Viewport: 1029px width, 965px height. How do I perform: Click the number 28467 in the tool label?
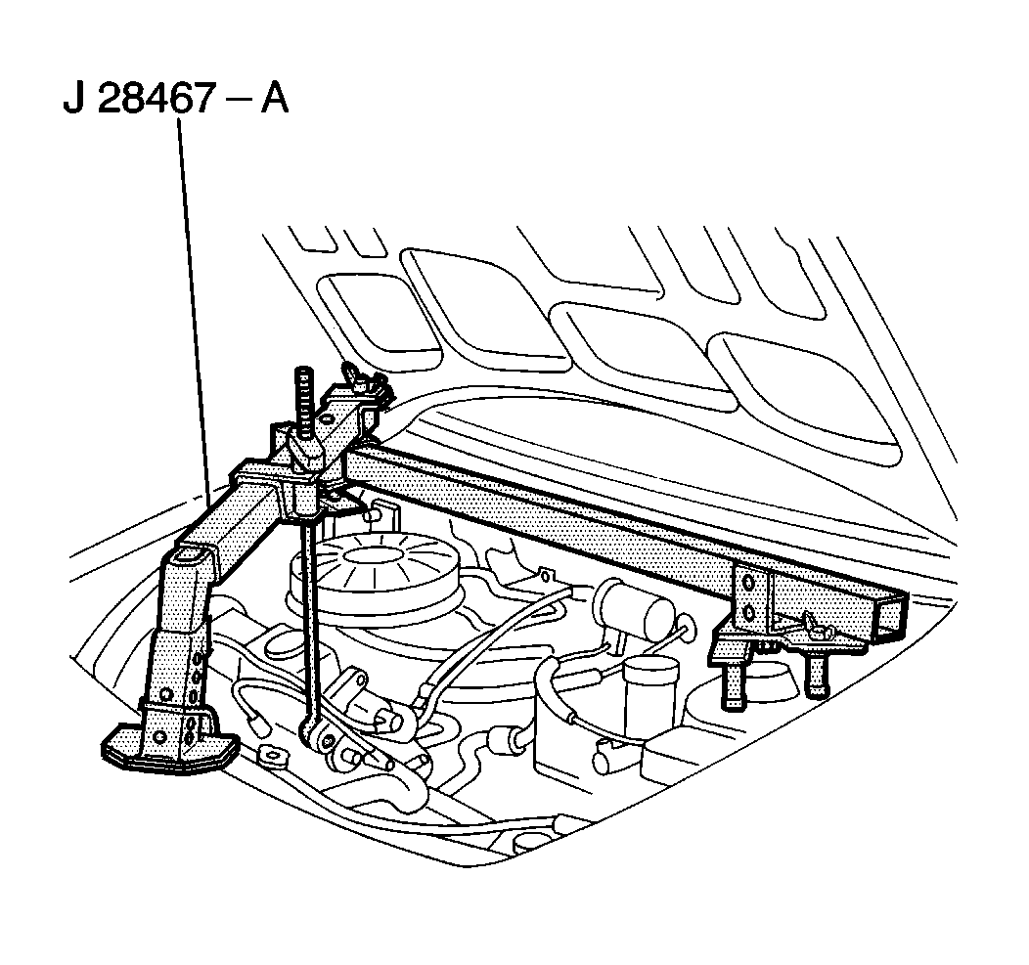coord(154,100)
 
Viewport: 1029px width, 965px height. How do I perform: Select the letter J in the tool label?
coord(73,100)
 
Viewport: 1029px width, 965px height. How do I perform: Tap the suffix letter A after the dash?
coord(273,100)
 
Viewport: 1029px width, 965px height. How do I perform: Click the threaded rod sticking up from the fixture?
coord(303,396)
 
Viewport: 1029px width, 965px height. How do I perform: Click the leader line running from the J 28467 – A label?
coord(194,293)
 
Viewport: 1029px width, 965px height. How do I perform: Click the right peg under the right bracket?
coord(815,675)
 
